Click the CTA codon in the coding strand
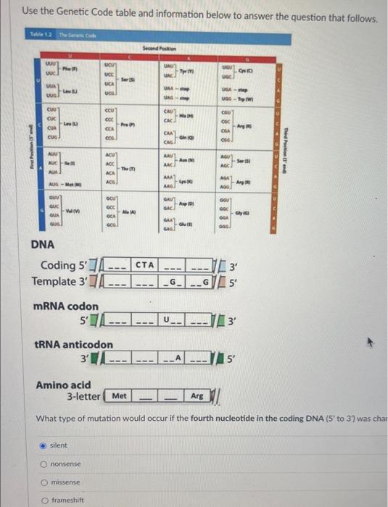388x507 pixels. click(146, 265)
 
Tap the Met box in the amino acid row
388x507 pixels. click(120, 397)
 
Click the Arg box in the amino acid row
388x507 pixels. click(197, 397)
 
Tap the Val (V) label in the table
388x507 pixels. click(70, 190)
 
